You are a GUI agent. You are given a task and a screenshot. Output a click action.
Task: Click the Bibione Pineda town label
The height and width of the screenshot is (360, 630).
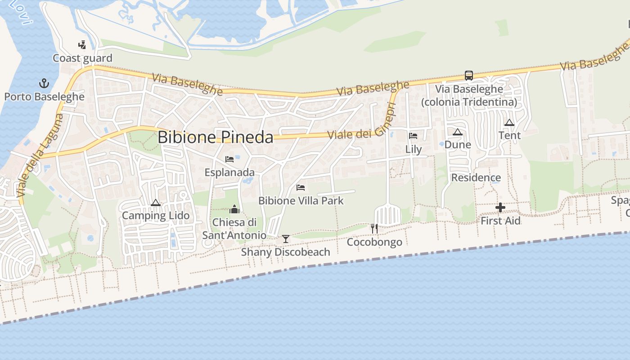pos(215,137)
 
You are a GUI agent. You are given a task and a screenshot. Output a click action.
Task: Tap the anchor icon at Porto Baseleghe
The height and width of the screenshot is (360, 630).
pos(44,83)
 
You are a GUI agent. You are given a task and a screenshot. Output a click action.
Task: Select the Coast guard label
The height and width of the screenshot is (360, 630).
pos(82,58)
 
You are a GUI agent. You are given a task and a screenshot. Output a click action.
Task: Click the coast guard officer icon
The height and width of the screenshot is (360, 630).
pos(82,45)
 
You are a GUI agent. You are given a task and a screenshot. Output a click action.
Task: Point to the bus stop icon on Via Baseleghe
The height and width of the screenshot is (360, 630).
pos(469,76)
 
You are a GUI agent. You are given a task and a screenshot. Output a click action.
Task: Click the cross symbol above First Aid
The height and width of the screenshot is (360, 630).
pos(500,207)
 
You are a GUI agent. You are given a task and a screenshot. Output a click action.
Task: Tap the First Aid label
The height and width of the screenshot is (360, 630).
pos(500,221)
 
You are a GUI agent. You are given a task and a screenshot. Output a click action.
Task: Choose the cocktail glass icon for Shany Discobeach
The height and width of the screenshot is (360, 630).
pos(285,238)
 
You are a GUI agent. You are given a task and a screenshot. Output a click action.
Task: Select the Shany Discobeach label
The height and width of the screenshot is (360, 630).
pos(285,252)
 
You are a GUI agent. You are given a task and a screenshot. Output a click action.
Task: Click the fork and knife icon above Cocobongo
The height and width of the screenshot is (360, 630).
pos(374,229)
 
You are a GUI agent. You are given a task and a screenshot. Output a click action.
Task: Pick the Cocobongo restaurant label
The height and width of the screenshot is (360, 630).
pos(374,243)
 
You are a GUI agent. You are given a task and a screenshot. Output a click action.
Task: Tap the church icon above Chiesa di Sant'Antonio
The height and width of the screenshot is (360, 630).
pos(234,209)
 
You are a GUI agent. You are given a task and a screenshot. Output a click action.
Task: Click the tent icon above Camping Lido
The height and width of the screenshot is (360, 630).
pos(156,202)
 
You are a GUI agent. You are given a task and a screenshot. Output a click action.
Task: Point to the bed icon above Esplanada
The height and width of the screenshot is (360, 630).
pos(229,159)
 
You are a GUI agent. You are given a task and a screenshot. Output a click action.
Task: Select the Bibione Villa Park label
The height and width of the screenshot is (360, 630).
pos(301,201)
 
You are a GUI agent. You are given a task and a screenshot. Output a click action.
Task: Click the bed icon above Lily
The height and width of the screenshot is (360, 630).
pos(413,136)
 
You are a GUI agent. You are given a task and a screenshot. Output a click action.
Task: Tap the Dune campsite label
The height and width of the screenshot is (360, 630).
pos(458,144)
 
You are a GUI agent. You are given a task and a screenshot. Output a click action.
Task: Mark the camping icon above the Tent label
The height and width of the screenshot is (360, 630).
pos(509,122)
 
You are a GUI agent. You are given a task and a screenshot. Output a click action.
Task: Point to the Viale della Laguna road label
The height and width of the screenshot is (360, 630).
pos(39,155)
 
